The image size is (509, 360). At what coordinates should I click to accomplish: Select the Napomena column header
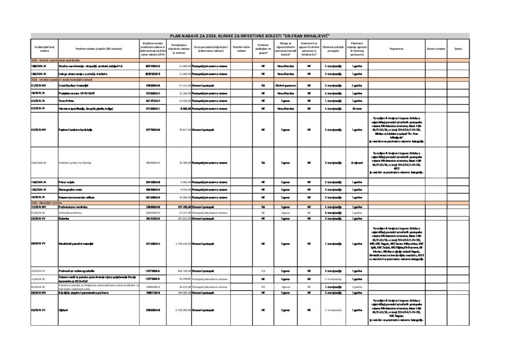[x=396, y=49]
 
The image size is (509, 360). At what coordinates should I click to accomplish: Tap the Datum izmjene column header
[x=435, y=49]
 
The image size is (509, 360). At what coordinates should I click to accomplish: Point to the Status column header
[x=458, y=49]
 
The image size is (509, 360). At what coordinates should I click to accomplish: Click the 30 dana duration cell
[x=356, y=108]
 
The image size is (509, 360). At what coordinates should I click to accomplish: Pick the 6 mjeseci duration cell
[x=356, y=163]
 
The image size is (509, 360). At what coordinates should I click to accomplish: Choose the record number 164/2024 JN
[x=38, y=163]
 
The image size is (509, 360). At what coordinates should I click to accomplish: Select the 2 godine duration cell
[x=356, y=86]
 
